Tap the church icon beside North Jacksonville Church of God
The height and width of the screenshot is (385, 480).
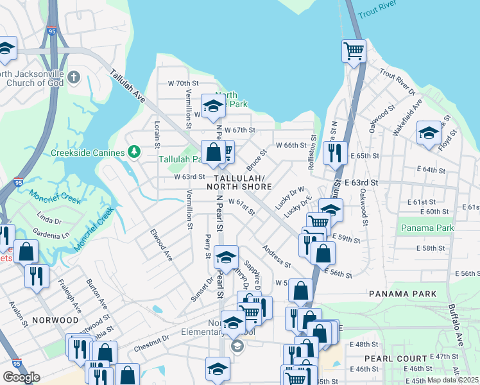point(74,78)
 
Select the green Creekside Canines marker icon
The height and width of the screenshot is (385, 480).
point(134,151)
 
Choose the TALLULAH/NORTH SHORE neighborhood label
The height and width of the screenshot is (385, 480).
point(239,182)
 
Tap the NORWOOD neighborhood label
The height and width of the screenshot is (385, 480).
point(55,320)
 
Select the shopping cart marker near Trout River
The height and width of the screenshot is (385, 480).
point(354,51)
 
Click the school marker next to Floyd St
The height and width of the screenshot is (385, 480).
point(429,133)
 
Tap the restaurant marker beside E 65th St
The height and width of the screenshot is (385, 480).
point(334,153)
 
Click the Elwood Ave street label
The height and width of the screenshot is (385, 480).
point(161,245)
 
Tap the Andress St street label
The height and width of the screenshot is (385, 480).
point(277,255)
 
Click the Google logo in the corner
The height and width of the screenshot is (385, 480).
point(21,377)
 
